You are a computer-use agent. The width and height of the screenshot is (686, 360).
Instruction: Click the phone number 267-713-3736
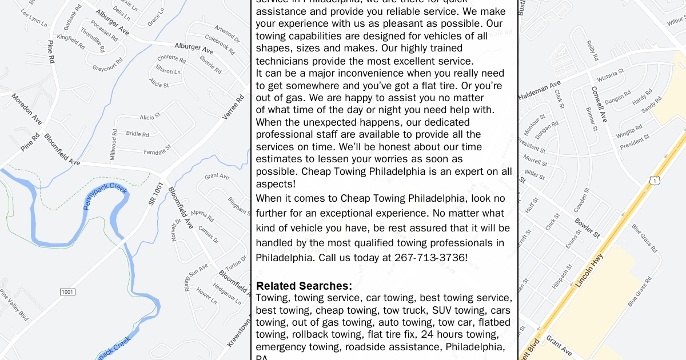coord(430,258)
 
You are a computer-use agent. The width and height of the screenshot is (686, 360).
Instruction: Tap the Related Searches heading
coord(304,286)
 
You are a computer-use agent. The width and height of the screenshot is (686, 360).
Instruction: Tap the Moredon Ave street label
coord(26,109)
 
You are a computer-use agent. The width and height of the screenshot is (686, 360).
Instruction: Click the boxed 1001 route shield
coord(67,292)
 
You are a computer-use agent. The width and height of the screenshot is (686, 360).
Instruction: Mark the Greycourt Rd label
coord(107,65)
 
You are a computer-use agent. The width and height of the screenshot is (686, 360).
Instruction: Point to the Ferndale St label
coord(157,151)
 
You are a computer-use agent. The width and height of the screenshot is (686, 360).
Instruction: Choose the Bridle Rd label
coord(137,134)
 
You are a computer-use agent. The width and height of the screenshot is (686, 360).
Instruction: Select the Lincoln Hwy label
coord(589,270)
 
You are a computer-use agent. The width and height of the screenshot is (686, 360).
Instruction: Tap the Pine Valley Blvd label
coord(14,304)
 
